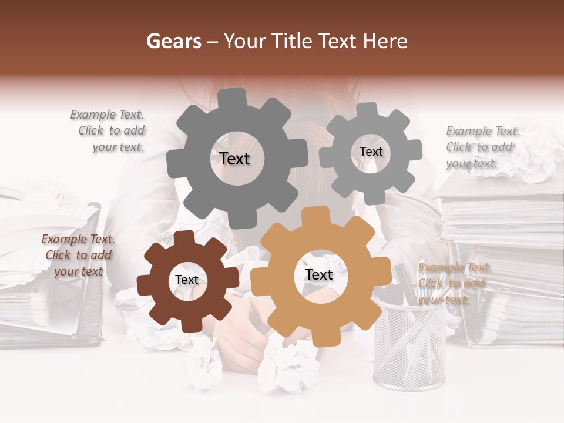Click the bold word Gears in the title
point(173,41)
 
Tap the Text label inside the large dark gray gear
point(234,159)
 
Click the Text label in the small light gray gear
point(371,152)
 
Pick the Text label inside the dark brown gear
point(187,280)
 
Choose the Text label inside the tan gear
point(318,275)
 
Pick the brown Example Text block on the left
point(78,255)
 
